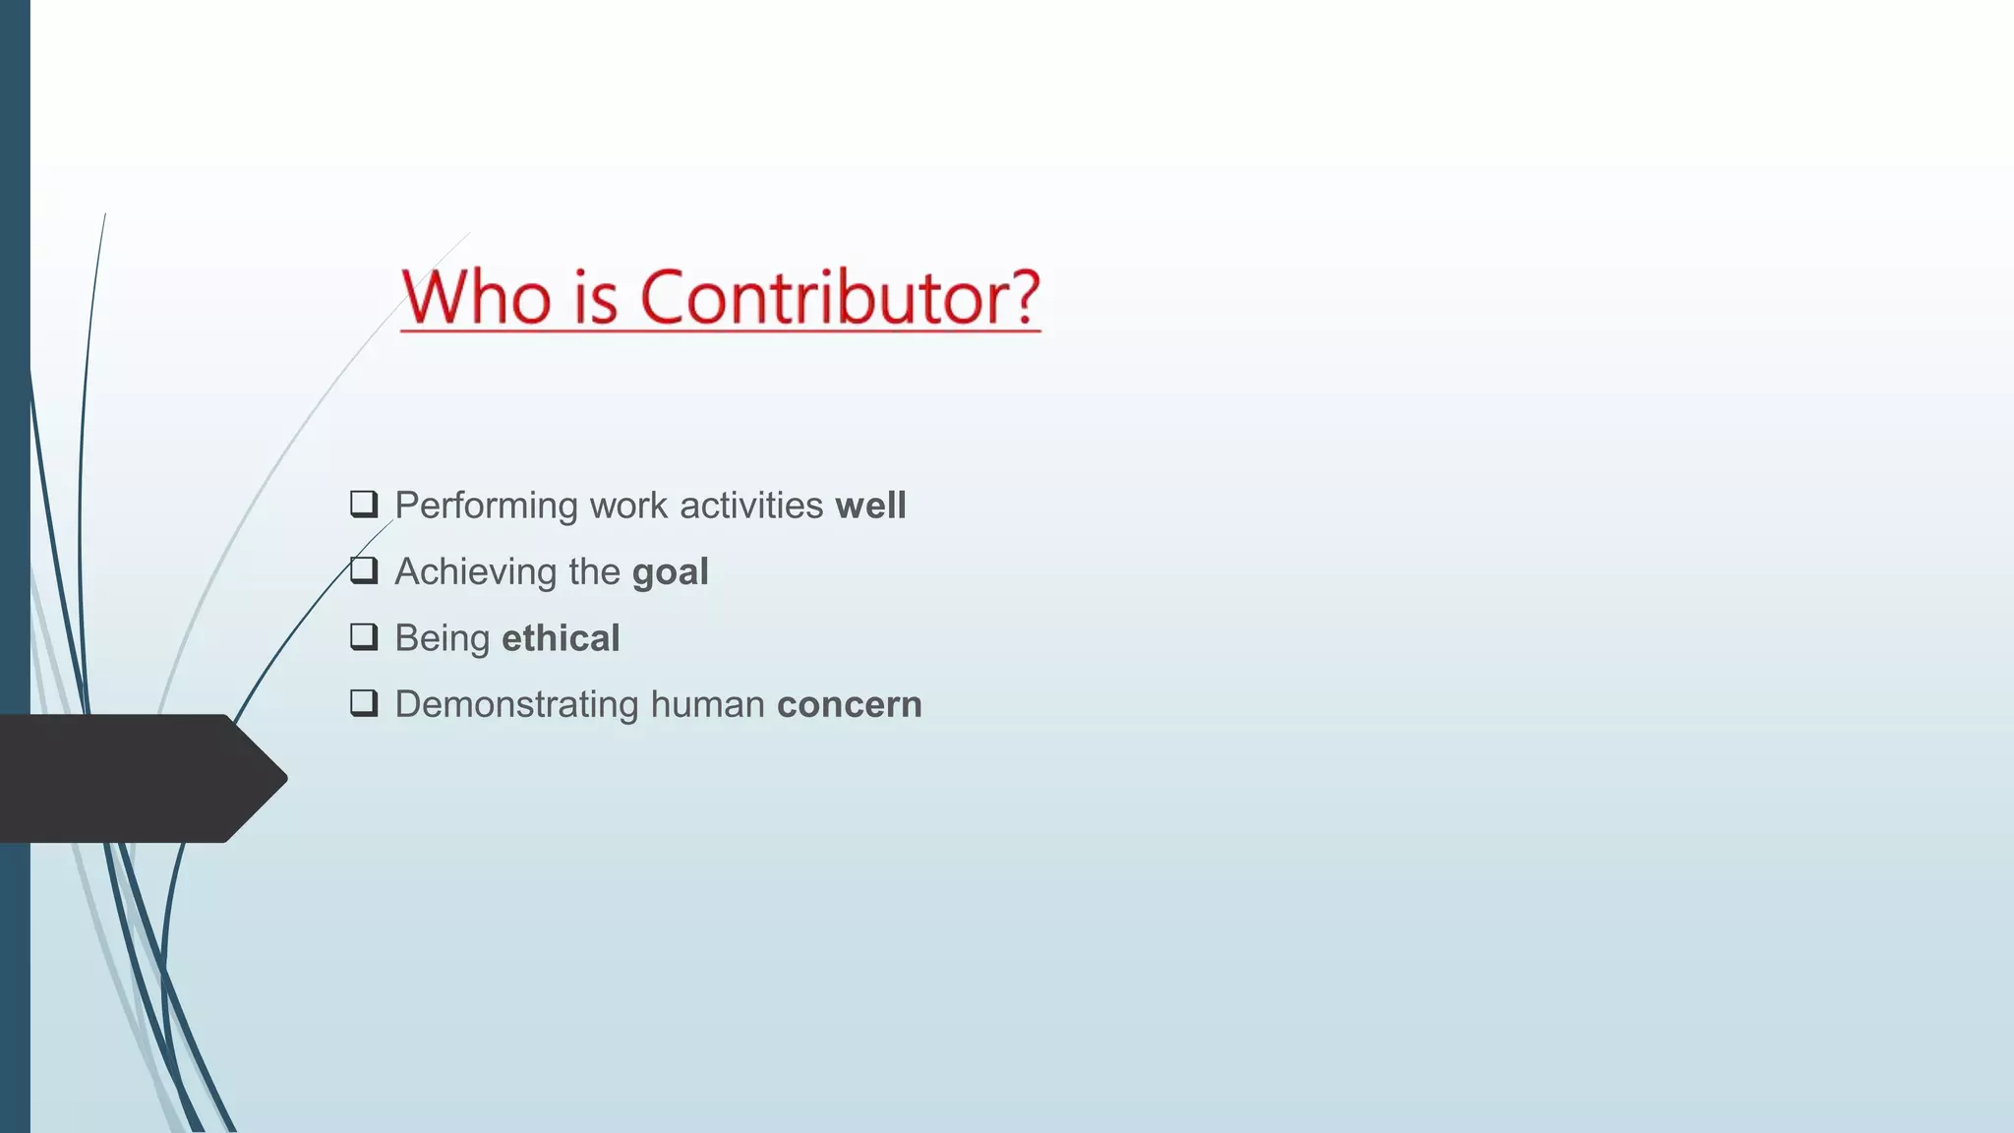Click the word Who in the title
tap(476, 297)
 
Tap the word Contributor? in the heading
tap(840, 297)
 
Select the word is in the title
tap(595, 297)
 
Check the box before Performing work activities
tap(364, 505)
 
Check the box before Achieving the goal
tap(364, 570)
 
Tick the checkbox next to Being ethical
tap(364, 637)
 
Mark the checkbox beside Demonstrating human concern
tap(364, 703)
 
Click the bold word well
tap(870, 506)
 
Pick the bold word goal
tap(670, 572)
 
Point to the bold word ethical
tap(561, 638)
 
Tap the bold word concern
tap(849, 705)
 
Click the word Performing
tap(486, 506)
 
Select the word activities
tap(751, 506)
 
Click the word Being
tap(442, 639)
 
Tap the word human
tap(707, 705)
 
